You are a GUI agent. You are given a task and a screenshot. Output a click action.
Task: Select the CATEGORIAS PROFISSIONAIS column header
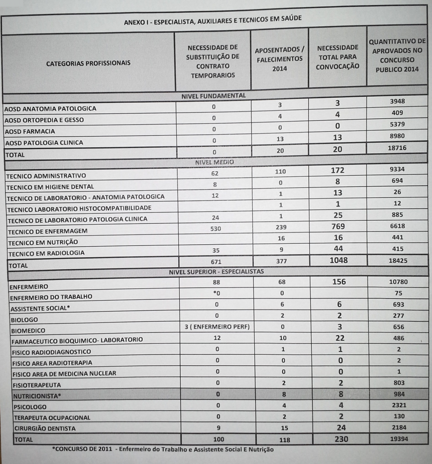coord(88,63)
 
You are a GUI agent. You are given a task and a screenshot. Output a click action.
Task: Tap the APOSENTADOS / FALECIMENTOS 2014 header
coord(279,58)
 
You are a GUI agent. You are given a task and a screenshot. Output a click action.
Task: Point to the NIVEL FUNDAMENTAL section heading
coord(214,96)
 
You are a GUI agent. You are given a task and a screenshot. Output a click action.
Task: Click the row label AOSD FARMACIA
coord(30,131)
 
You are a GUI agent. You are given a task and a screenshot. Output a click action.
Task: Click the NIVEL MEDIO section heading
coord(214,162)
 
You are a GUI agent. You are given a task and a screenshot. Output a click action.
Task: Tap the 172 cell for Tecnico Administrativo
coord(338,171)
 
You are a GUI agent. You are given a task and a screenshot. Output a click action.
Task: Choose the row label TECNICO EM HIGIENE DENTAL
coord(50,187)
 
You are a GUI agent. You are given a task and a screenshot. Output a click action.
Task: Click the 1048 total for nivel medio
coord(338,260)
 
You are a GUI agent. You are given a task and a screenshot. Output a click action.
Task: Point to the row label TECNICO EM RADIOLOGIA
coord(47,253)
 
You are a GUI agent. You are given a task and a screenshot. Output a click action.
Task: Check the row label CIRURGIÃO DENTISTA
coord(45,428)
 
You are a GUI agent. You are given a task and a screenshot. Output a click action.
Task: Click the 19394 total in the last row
coord(398,439)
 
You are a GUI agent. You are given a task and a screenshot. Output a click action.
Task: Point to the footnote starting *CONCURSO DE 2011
coord(163,449)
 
